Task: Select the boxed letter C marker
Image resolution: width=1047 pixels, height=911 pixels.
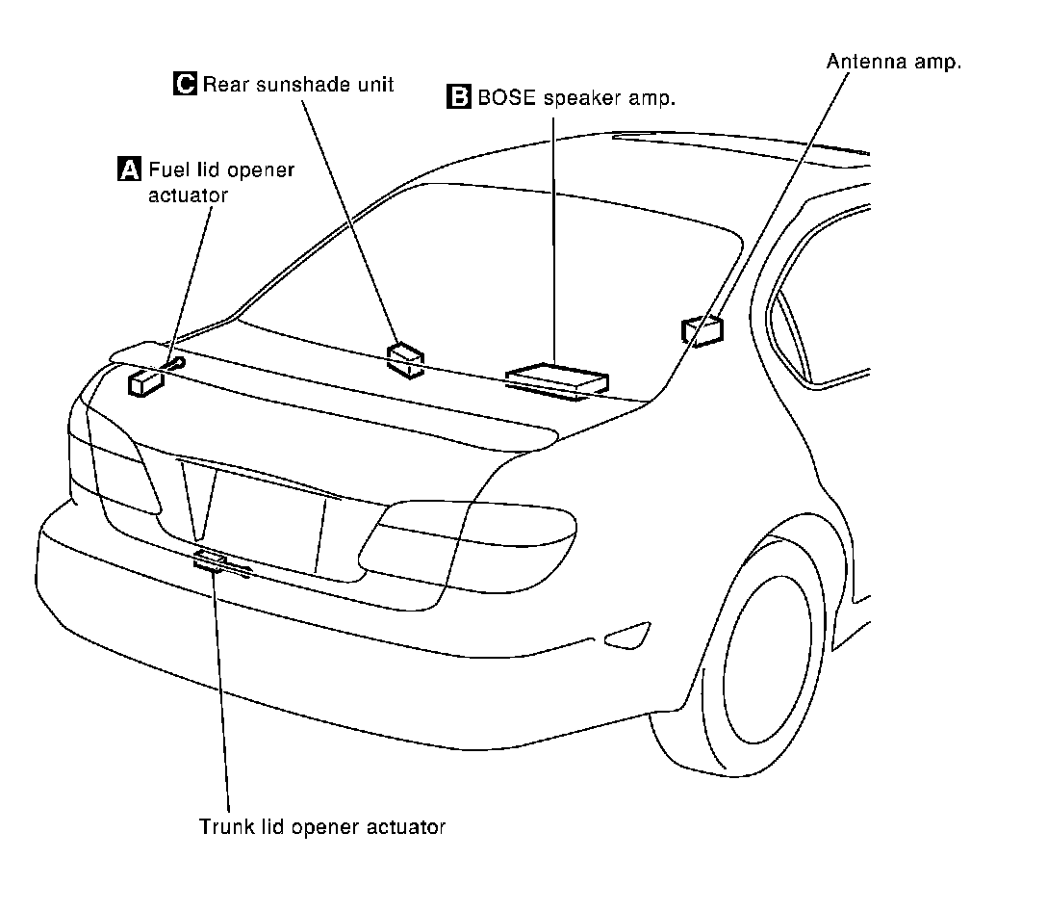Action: (x=185, y=84)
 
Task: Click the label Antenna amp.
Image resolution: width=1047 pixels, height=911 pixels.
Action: (x=894, y=62)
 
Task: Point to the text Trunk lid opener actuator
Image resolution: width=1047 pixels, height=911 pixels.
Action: (x=322, y=826)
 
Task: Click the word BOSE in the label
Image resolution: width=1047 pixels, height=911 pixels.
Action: (x=506, y=96)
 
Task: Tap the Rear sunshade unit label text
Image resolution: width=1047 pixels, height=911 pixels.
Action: (x=298, y=84)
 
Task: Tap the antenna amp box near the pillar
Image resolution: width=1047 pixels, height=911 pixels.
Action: (x=702, y=329)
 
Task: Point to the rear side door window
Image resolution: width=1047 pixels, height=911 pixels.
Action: (x=828, y=299)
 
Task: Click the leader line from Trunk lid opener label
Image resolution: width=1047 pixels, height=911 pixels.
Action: (x=223, y=693)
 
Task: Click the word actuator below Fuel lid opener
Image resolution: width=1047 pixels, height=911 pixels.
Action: (x=189, y=195)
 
